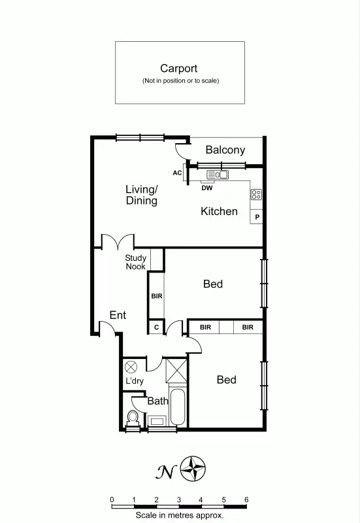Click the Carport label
pos(180,68)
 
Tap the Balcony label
pos(225,150)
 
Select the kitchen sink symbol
pos(218,175)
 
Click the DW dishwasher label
pos(207,188)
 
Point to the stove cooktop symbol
pos(256,194)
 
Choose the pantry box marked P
pos(257,217)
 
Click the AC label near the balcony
pos(177,173)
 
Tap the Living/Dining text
pos(142,195)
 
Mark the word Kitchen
pos(219,211)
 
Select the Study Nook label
pos(136,262)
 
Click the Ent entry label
pos(118,316)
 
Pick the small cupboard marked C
pos(156,327)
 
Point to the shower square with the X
pos(177,369)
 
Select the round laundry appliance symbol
pos(130,367)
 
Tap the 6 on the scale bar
pos(246,500)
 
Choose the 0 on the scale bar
pos(112,500)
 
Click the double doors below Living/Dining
pos(117,241)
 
